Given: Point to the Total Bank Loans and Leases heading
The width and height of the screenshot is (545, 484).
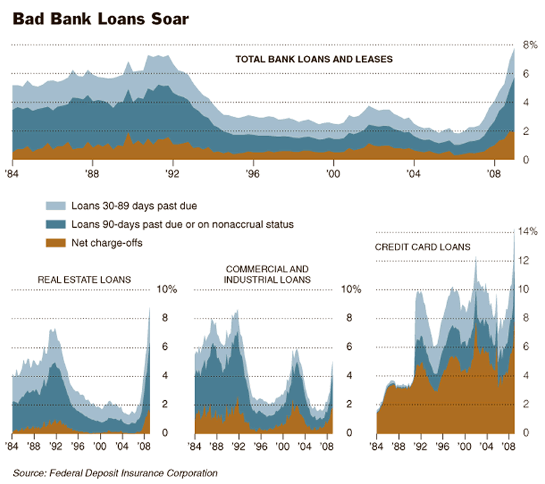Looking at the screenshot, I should click(x=314, y=59).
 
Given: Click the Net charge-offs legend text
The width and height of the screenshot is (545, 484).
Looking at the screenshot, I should click(x=107, y=243).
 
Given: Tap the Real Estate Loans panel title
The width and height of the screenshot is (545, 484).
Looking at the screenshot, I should click(x=84, y=280).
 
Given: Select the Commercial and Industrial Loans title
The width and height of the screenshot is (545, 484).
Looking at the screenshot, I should click(x=268, y=274).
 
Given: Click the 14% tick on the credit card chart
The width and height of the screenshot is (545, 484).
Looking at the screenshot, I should click(x=529, y=231).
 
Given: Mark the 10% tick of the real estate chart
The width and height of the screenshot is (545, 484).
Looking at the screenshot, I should click(x=168, y=289).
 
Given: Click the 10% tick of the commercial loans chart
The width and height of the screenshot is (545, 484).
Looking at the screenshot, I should click(x=351, y=289).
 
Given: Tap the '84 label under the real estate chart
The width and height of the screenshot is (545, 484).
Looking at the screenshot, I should click(x=13, y=446).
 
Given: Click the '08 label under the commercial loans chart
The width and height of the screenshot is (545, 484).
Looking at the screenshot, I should click(x=326, y=446).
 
